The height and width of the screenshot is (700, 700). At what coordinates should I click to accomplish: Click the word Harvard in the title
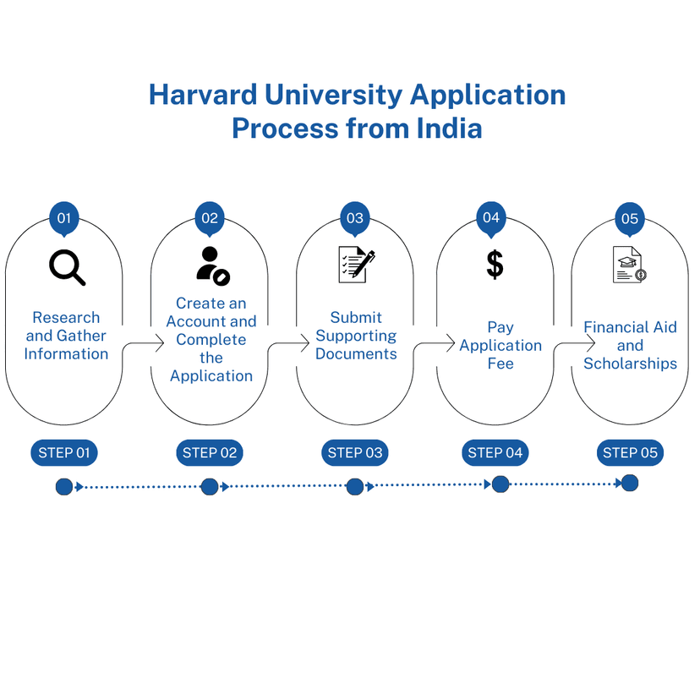tap(203, 95)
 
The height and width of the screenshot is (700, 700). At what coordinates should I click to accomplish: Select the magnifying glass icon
tap(67, 267)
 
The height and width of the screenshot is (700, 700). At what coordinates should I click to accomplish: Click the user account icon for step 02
tap(213, 266)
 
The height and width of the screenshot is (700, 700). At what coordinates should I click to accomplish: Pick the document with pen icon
tap(356, 265)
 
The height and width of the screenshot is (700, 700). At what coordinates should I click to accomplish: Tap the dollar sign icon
tap(495, 265)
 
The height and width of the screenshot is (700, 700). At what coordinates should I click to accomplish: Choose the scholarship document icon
tap(630, 265)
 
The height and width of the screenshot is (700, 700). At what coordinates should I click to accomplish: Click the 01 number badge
tap(64, 219)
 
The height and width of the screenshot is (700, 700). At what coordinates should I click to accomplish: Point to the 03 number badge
tap(355, 219)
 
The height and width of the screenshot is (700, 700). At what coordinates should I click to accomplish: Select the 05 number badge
tap(630, 219)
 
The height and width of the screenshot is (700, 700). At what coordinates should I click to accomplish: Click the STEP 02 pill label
tap(210, 452)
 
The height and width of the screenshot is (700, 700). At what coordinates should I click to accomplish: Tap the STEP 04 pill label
tap(495, 452)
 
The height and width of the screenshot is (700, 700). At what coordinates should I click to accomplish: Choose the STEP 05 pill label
tap(630, 452)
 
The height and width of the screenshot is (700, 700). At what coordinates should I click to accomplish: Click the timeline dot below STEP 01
tap(64, 487)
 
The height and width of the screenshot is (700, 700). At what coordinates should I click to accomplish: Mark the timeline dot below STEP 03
tap(355, 487)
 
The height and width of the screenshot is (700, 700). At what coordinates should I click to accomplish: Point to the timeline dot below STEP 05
tap(630, 483)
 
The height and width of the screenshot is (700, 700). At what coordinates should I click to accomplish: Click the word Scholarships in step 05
tap(631, 364)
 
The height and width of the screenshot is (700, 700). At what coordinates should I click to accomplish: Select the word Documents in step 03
tap(356, 354)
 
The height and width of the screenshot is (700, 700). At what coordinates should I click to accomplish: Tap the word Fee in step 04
tap(500, 364)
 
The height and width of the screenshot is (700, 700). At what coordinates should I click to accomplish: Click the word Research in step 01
tap(66, 317)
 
